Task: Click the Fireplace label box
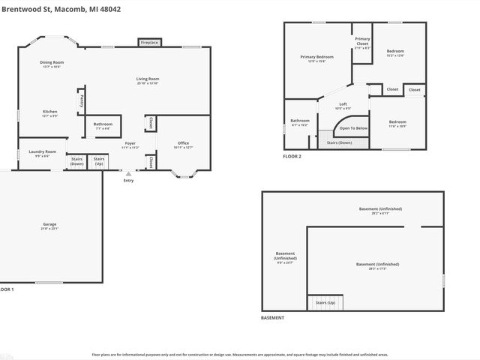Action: pyautogui.click(x=148, y=43)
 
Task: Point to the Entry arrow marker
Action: pyautogui.click(x=128, y=173)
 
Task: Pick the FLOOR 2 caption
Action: pyautogui.click(x=292, y=156)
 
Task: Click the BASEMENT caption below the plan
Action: pyautogui.click(x=272, y=318)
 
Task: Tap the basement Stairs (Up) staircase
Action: pyautogui.click(x=325, y=302)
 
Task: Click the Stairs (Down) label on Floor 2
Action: pyautogui.click(x=335, y=142)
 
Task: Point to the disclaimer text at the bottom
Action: pyautogui.click(x=240, y=354)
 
